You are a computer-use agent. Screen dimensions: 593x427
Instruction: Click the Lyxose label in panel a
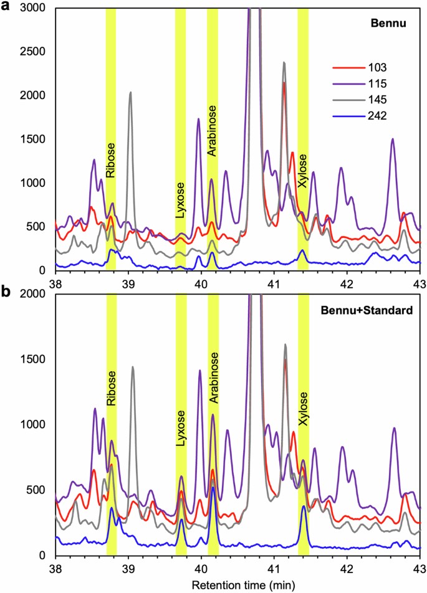click(x=180, y=199)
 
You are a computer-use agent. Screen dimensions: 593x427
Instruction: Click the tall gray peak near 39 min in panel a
click(x=130, y=93)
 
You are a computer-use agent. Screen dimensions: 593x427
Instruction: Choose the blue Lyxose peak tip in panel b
click(x=181, y=519)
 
